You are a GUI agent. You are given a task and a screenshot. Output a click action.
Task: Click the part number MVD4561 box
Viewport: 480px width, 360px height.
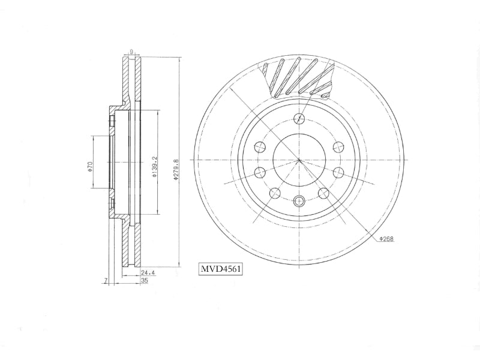pos(221,269)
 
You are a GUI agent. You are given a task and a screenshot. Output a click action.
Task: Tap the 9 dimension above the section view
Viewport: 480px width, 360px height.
pos(131,52)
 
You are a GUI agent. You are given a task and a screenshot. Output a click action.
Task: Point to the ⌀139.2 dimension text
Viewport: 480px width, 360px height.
pos(154,167)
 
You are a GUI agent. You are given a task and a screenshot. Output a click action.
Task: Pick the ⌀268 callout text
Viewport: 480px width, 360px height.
pos(386,239)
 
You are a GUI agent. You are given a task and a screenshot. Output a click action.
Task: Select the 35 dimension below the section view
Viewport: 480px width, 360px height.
pos(144,280)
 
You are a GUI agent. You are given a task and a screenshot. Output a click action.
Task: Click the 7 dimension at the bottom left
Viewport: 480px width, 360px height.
pos(106,280)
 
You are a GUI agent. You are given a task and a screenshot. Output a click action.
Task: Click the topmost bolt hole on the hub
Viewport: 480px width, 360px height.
pos(299,118)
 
